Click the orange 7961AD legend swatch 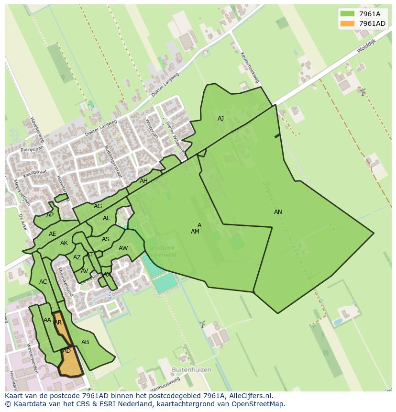point(347,23)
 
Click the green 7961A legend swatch point(347,14)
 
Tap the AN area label point(278,212)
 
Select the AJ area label point(220,119)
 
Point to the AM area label point(195,232)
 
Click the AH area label point(143,181)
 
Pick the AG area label point(98,206)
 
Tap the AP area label point(50,215)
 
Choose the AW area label point(123,248)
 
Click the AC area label point(43,282)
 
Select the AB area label point(85,342)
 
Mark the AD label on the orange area point(67,351)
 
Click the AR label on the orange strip point(58,323)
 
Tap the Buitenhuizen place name point(191,370)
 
